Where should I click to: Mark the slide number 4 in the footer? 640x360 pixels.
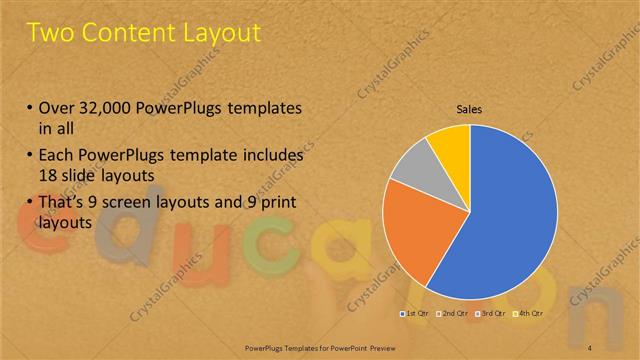[589, 347]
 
